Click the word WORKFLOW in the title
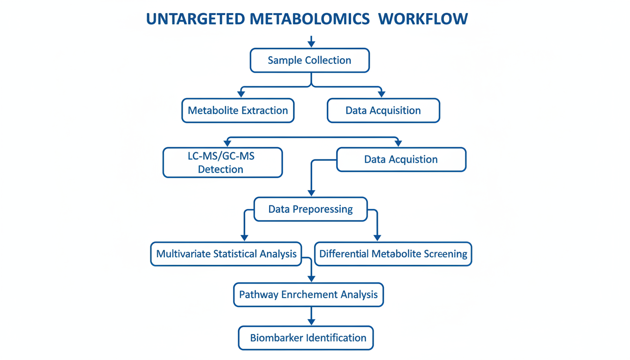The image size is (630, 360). pyautogui.click(x=423, y=19)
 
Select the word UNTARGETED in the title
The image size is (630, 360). pyautogui.click(x=195, y=19)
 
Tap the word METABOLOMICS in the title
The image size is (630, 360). pyautogui.click(x=310, y=19)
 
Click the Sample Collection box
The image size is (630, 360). pyautogui.click(x=310, y=60)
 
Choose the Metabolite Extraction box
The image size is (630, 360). pyautogui.click(x=238, y=110)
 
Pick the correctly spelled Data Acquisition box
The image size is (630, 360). pyautogui.click(x=383, y=110)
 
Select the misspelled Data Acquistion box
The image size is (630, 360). pyautogui.click(x=401, y=159)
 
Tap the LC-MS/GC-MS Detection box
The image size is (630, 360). pyautogui.click(x=223, y=163)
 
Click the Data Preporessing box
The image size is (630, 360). pyautogui.click(x=310, y=209)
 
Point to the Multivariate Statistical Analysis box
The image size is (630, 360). pyautogui.click(x=226, y=254)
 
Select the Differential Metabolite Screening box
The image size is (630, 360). pyautogui.click(x=393, y=254)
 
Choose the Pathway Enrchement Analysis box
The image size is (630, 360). pyautogui.click(x=308, y=294)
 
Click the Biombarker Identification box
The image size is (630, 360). pyautogui.click(x=306, y=338)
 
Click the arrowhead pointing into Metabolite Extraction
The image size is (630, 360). pyautogui.click(x=241, y=94)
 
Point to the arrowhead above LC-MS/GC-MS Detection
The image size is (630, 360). pyautogui.click(x=227, y=143)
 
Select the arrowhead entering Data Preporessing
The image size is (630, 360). pyautogui.click(x=311, y=193)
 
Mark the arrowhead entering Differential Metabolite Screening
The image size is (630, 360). pyautogui.click(x=377, y=238)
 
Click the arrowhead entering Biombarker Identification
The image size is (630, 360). pyautogui.click(x=311, y=322)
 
